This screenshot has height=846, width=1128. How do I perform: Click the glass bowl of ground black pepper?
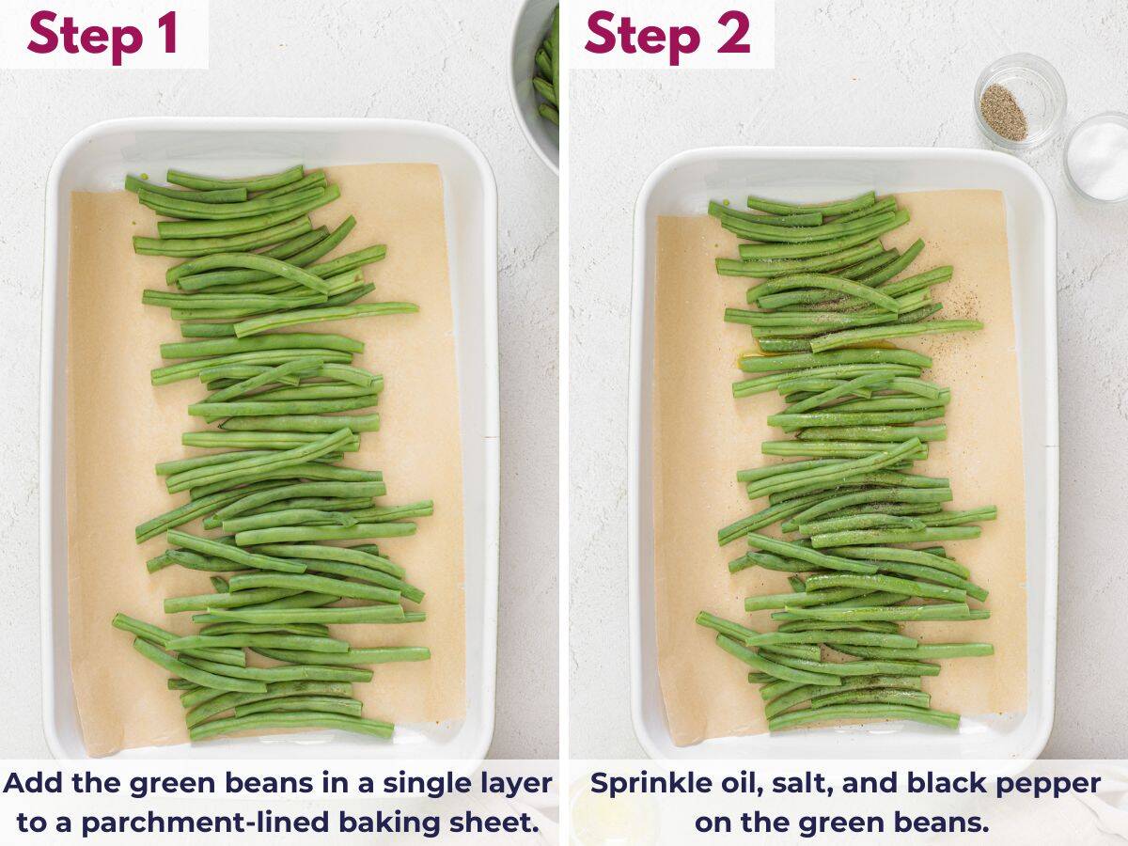1019,101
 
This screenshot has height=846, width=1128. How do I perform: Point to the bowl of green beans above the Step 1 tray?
539,75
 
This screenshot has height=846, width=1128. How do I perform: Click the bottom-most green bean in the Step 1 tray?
291,725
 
